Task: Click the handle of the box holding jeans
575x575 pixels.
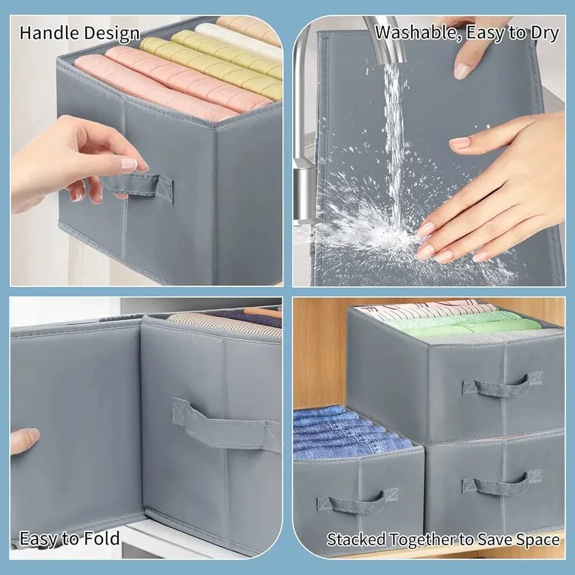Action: click(x=358, y=501)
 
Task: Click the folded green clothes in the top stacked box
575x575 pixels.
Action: click(x=462, y=324)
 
